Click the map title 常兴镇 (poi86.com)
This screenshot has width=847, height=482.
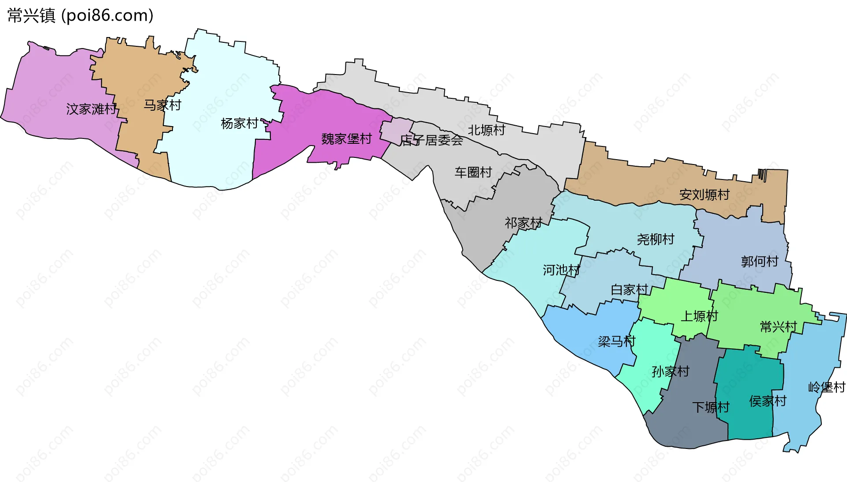pos(80,15)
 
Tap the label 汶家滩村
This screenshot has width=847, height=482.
pos(91,109)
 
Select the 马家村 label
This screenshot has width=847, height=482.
pos(162,105)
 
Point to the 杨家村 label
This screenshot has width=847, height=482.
pos(240,123)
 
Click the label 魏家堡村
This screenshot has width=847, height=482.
pos(346,139)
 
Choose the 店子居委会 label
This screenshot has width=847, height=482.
pos(431,140)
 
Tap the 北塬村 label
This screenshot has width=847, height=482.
pos(486,130)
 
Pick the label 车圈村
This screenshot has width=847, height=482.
pos(473,172)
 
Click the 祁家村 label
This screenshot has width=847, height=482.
pos(523,223)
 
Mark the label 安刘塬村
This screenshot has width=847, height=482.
pos(704,194)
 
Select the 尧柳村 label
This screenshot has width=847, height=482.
pos(656,239)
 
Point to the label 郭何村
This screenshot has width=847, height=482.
pos(760,262)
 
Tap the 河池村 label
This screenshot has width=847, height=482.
pos(561,270)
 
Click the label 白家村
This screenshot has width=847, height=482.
pos(629,290)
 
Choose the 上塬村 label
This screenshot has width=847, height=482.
pos(699,316)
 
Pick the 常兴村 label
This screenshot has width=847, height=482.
pos(778,327)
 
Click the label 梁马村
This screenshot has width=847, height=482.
pos(616,341)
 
